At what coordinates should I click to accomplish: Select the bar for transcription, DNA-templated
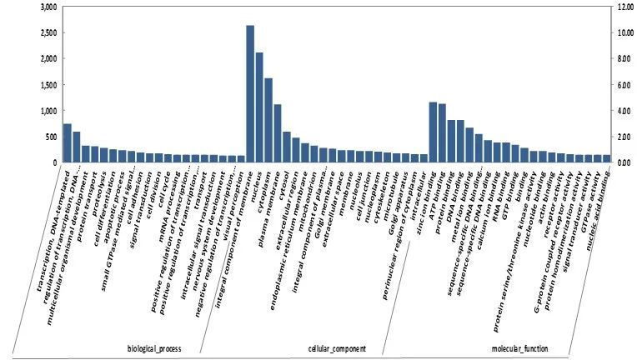[67, 143]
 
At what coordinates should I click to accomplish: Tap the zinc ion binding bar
[433, 132]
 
